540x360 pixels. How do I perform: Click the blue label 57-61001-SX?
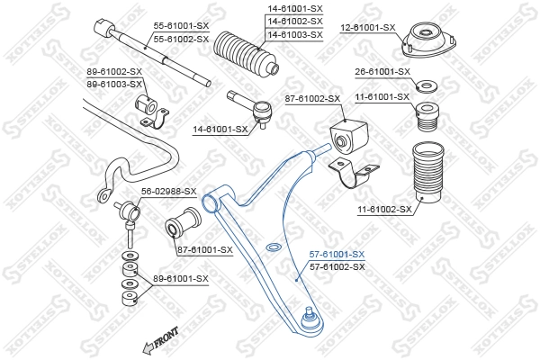pos(337,255)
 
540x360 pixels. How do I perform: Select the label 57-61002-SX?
pos(337,267)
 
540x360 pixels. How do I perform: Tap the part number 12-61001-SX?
pos(367,27)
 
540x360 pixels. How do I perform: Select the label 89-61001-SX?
pos(180,279)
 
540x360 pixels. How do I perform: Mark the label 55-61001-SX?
pos(180,27)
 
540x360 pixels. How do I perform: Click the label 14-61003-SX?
pos(294,34)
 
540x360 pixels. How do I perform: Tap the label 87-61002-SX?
pos(311,98)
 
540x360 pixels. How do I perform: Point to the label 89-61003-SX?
pos(114,84)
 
